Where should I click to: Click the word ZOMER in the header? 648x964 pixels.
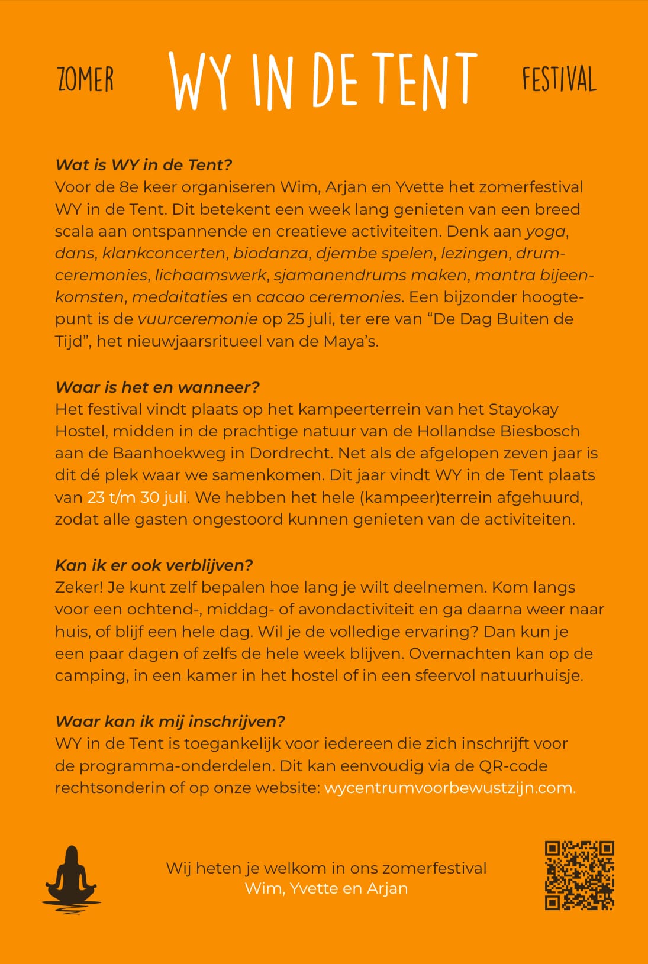pyautogui.click(x=85, y=80)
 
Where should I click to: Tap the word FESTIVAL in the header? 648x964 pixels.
pyautogui.click(x=559, y=80)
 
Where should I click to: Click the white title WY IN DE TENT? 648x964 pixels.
pyautogui.click(x=323, y=80)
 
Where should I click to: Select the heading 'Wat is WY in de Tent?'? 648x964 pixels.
pyautogui.click(x=144, y=165)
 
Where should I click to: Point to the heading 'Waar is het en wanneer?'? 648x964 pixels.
pyautogui.click(x=157, y=387)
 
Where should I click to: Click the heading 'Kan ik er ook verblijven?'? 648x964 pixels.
pyautogui.click(x=154, y=565)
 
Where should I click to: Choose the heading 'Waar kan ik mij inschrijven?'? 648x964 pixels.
pyautogui.click(x=170, y=722)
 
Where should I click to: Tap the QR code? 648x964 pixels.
pyautogui.click(x=579, y=875)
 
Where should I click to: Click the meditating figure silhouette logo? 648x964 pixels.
pyautogui.click(x=71, y=876)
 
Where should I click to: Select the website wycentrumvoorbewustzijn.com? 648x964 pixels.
pyautogui.click(x=449, y=788)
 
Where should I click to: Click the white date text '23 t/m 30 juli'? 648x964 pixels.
pyautogui.click(x=137, y=497)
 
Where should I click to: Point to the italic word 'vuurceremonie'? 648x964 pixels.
pyautogui.click(x=198, y=319)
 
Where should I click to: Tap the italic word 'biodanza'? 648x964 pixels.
pyautogui.click(x=270, y=253)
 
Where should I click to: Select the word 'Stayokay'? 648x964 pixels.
pyautogui.click(x=523, y=409)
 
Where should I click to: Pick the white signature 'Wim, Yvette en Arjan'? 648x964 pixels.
pyautogui.click(x=326, y=889)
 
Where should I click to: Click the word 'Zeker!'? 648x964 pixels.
pyautogui.click(x=79, y=588)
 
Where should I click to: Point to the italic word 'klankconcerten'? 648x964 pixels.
pyautogui.click(x=164, y=253)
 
